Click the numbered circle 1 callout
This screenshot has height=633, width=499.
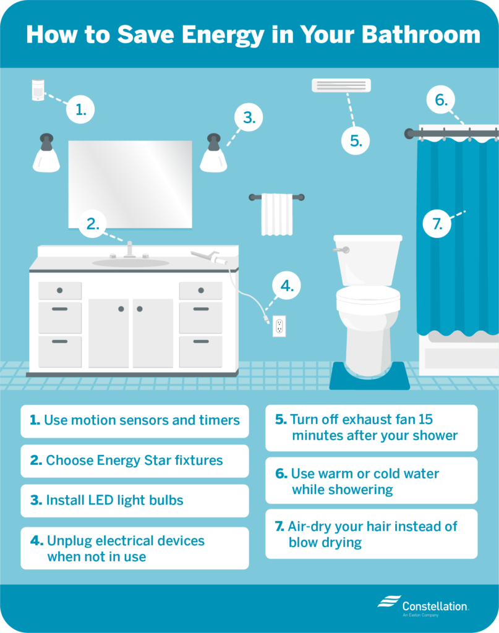pyautogui.click(x=80, y=110)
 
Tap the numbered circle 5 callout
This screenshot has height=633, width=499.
pyautogui.click(x=356, y=140)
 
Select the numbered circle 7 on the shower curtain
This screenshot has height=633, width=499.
pyautogui.click(x=438, y=224)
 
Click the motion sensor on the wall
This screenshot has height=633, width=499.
pyautogui.click(x=38, y=90)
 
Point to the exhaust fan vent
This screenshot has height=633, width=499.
pyautogui.click(x=341, y=85)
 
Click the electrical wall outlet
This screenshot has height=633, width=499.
pyautogui.click(x=279, y=326)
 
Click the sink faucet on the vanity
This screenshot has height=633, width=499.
pyautogui.click(x=130, y=250)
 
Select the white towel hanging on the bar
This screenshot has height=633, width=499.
pyautogui.click(x=276, y=215)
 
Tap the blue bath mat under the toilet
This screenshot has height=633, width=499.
pyautogui.click(x=369, y=377)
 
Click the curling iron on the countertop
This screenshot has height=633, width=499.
pyautogui.click(x=209, y=257)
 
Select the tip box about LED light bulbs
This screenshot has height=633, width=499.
pyautogui.click(x=135, y=500)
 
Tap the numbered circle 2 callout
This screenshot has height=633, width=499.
pyautogui.click(x=92, y=224)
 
